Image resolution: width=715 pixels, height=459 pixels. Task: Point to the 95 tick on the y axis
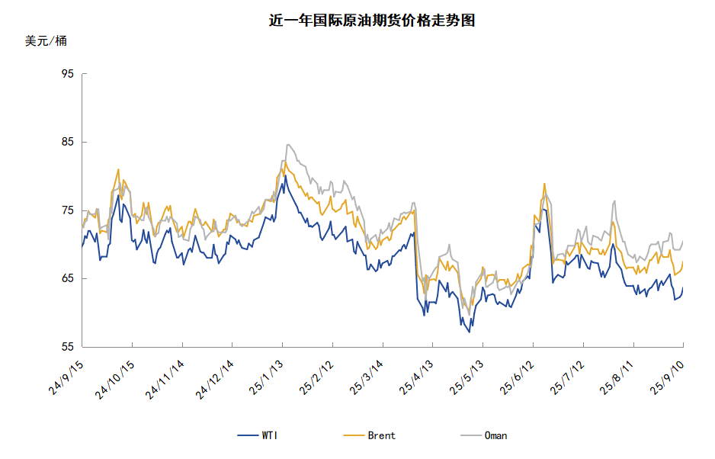(x=67, y=74)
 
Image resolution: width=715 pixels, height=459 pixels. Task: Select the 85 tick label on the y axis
(x=67, y=142)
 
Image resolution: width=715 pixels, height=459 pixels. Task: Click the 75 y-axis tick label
(x=67, y=210)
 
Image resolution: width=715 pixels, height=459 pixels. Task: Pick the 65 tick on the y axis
(x=67, y=278)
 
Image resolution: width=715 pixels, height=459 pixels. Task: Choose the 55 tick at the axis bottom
(x=67, y=347)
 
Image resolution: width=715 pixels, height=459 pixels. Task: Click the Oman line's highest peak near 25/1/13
(x=288, y=144)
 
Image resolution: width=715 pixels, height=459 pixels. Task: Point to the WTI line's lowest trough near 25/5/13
(x=470, y=332)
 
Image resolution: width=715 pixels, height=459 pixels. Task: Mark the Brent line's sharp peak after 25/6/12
(x=544, y=184)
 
